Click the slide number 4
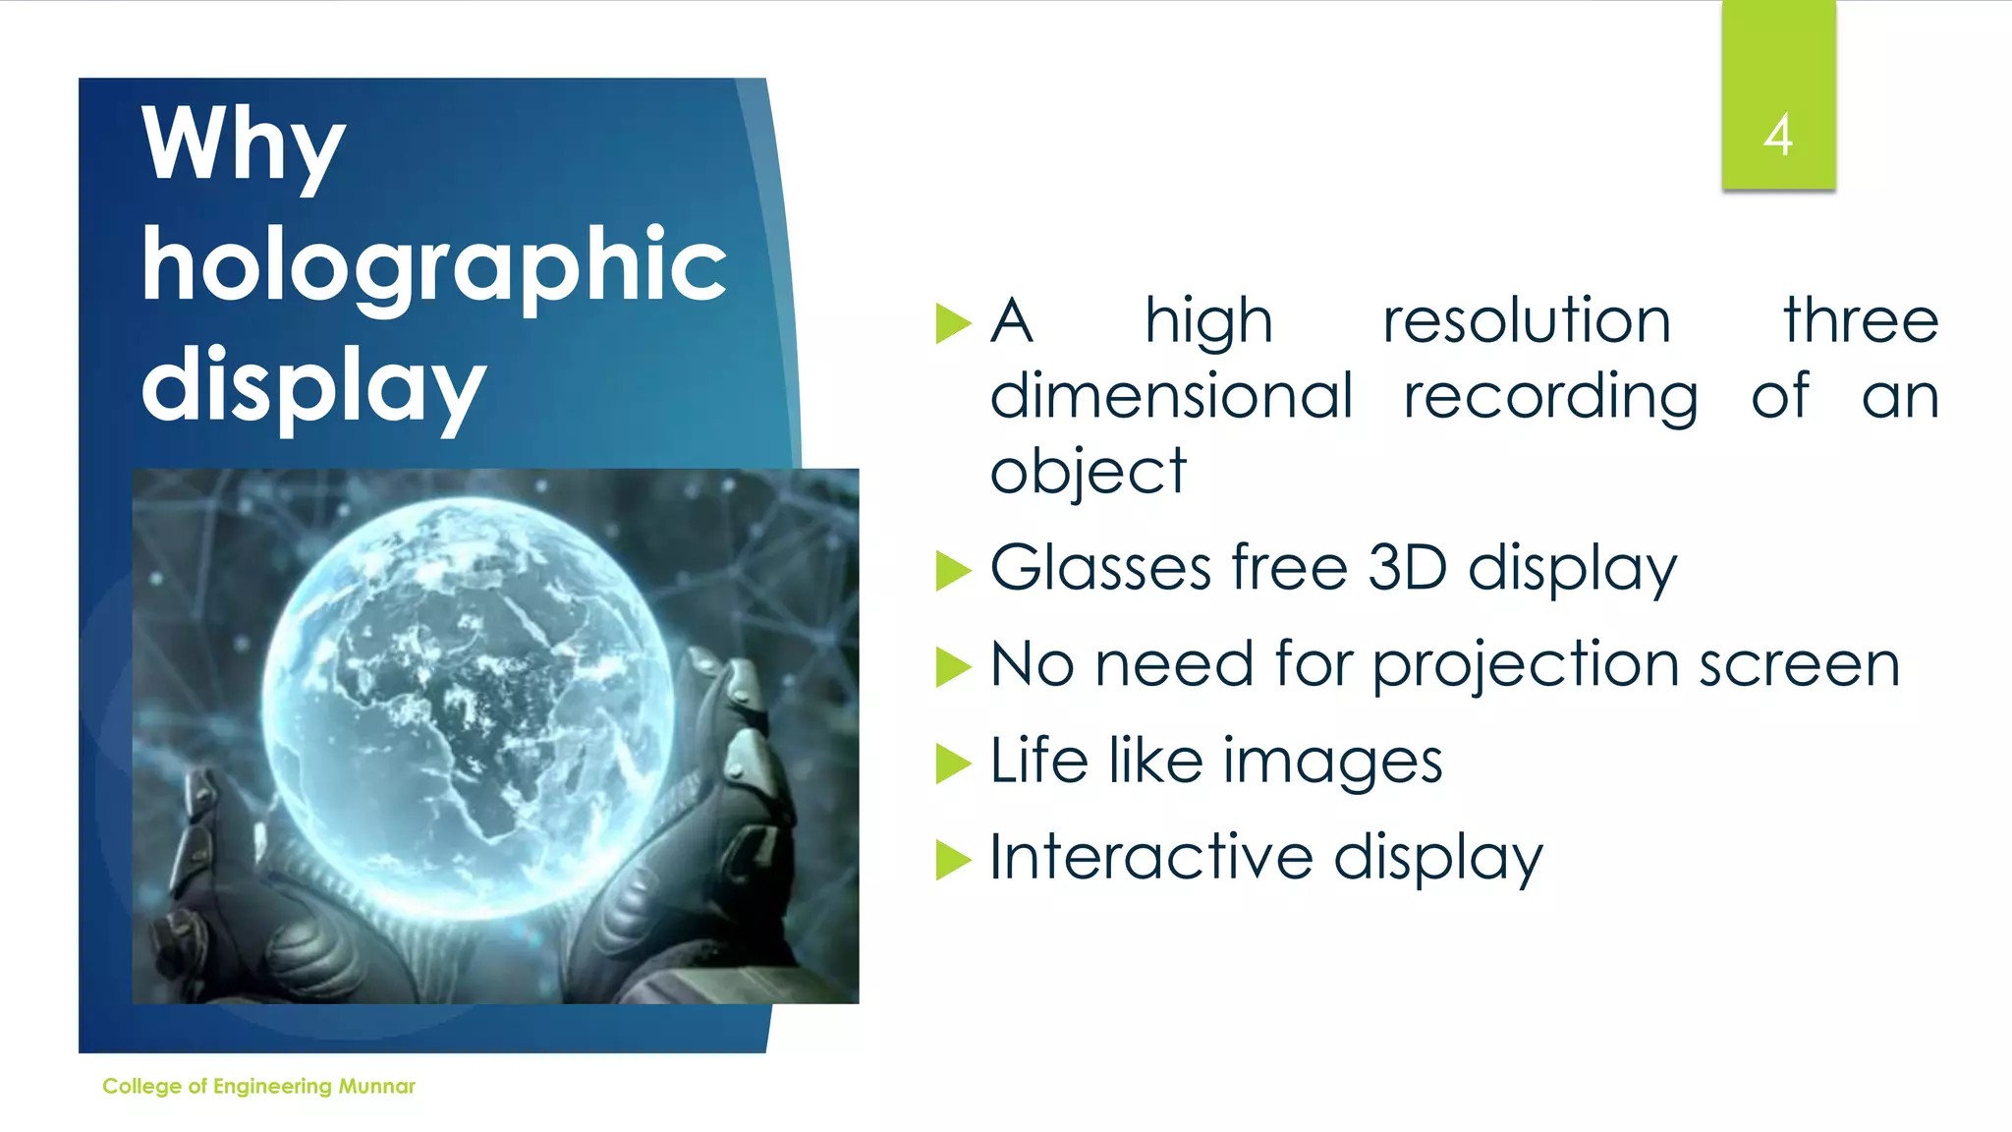[1777, 136]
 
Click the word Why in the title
[244, 145]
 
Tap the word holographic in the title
[433, 264]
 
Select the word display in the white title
[313, 385]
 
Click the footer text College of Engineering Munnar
[258, 1086]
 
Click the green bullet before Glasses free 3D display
[953, 571]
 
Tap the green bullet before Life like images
[953, 764]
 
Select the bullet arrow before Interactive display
[953, 860]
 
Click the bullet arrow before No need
[953, 667]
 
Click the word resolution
[1527, 321]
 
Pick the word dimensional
[1171, 397]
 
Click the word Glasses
[1100, 568]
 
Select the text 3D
[1407, 568]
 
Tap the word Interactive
[1150, 857]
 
